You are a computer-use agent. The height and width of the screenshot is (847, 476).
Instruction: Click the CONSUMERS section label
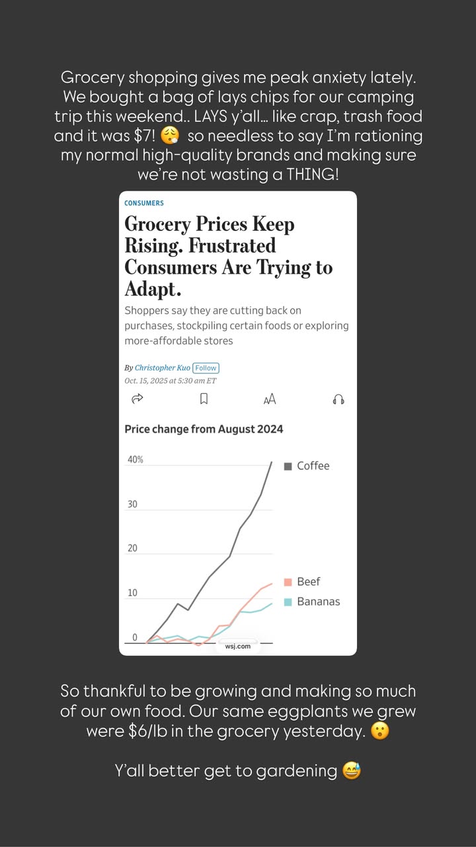(x=144, y=203)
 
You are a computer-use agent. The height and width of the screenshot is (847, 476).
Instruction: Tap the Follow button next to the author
(x=206, y=368)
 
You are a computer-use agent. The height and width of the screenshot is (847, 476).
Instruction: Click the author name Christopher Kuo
(x=163, y=367)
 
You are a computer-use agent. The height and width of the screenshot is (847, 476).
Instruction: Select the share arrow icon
(x=137, y=398)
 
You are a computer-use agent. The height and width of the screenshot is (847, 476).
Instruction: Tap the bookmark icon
(x=204, y=398)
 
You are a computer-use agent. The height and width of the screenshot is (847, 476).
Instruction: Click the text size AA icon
(x=270, y=399)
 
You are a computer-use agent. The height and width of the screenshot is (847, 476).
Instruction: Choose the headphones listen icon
(x=338, y=399)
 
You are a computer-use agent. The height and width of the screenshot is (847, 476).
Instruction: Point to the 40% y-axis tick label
(x=136, y=459)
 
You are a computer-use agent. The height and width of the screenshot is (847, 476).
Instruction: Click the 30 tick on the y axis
(x=132, y=504)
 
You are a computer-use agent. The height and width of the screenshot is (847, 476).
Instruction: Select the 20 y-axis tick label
(x=132, y=549)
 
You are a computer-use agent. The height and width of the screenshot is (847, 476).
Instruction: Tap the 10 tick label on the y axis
(x=132, y=592)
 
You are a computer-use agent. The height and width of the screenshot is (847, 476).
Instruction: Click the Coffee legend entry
(x=307, y=466)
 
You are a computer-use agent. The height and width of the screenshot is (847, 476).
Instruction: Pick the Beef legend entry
(x=302, y=582)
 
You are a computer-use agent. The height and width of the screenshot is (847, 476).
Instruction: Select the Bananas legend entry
(x=312, y=602)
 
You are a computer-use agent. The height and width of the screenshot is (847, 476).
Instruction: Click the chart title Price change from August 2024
(x=204, y=429)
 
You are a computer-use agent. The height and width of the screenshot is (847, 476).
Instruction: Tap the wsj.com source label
(x=237, y=646)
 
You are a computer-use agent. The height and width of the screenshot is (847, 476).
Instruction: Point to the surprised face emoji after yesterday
(x=379, y=731)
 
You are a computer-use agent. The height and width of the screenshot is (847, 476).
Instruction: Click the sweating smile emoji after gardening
(x=352, y=771)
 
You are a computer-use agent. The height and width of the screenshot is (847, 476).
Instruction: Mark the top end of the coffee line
(x=272, y=462)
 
